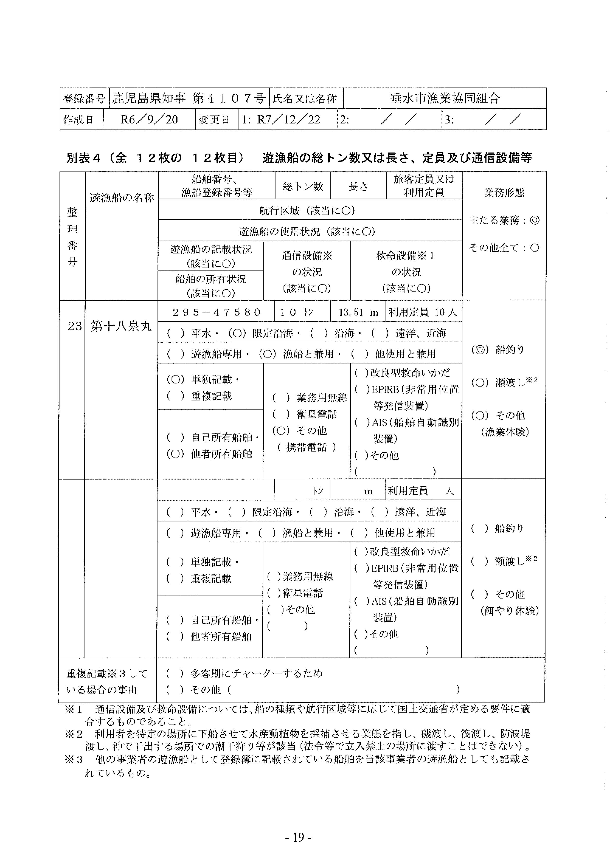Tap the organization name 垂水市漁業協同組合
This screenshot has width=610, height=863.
click(x=445, y=99)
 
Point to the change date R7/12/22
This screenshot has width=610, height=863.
click(x=288, y=120)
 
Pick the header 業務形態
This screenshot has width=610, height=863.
click(x=504, y=192)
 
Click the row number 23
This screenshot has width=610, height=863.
click(x=74, y=326)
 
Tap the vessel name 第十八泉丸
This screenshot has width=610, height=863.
click(x=121, y=326)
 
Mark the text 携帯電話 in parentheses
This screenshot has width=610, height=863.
click(x=307, y=447)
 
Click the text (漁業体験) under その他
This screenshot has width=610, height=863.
click(x=505, y=432)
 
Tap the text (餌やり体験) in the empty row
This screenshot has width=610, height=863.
click(x=509, y=611)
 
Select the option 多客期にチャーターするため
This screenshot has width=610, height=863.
click(x=256, y=673)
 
